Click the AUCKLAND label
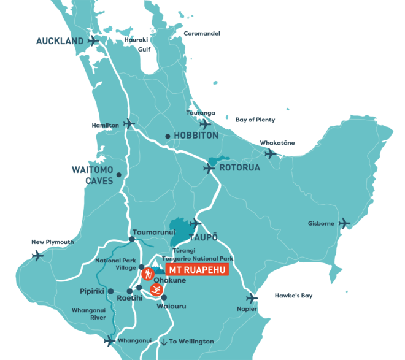[59, 41]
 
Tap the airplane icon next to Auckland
[93, 41]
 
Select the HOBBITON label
[196, 136]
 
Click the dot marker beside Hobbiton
[168, 136]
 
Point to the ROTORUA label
[240, 167]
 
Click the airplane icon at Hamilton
[129, 124]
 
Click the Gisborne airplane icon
[344, 223]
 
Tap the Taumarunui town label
[154, 232]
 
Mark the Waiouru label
[171, 306]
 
